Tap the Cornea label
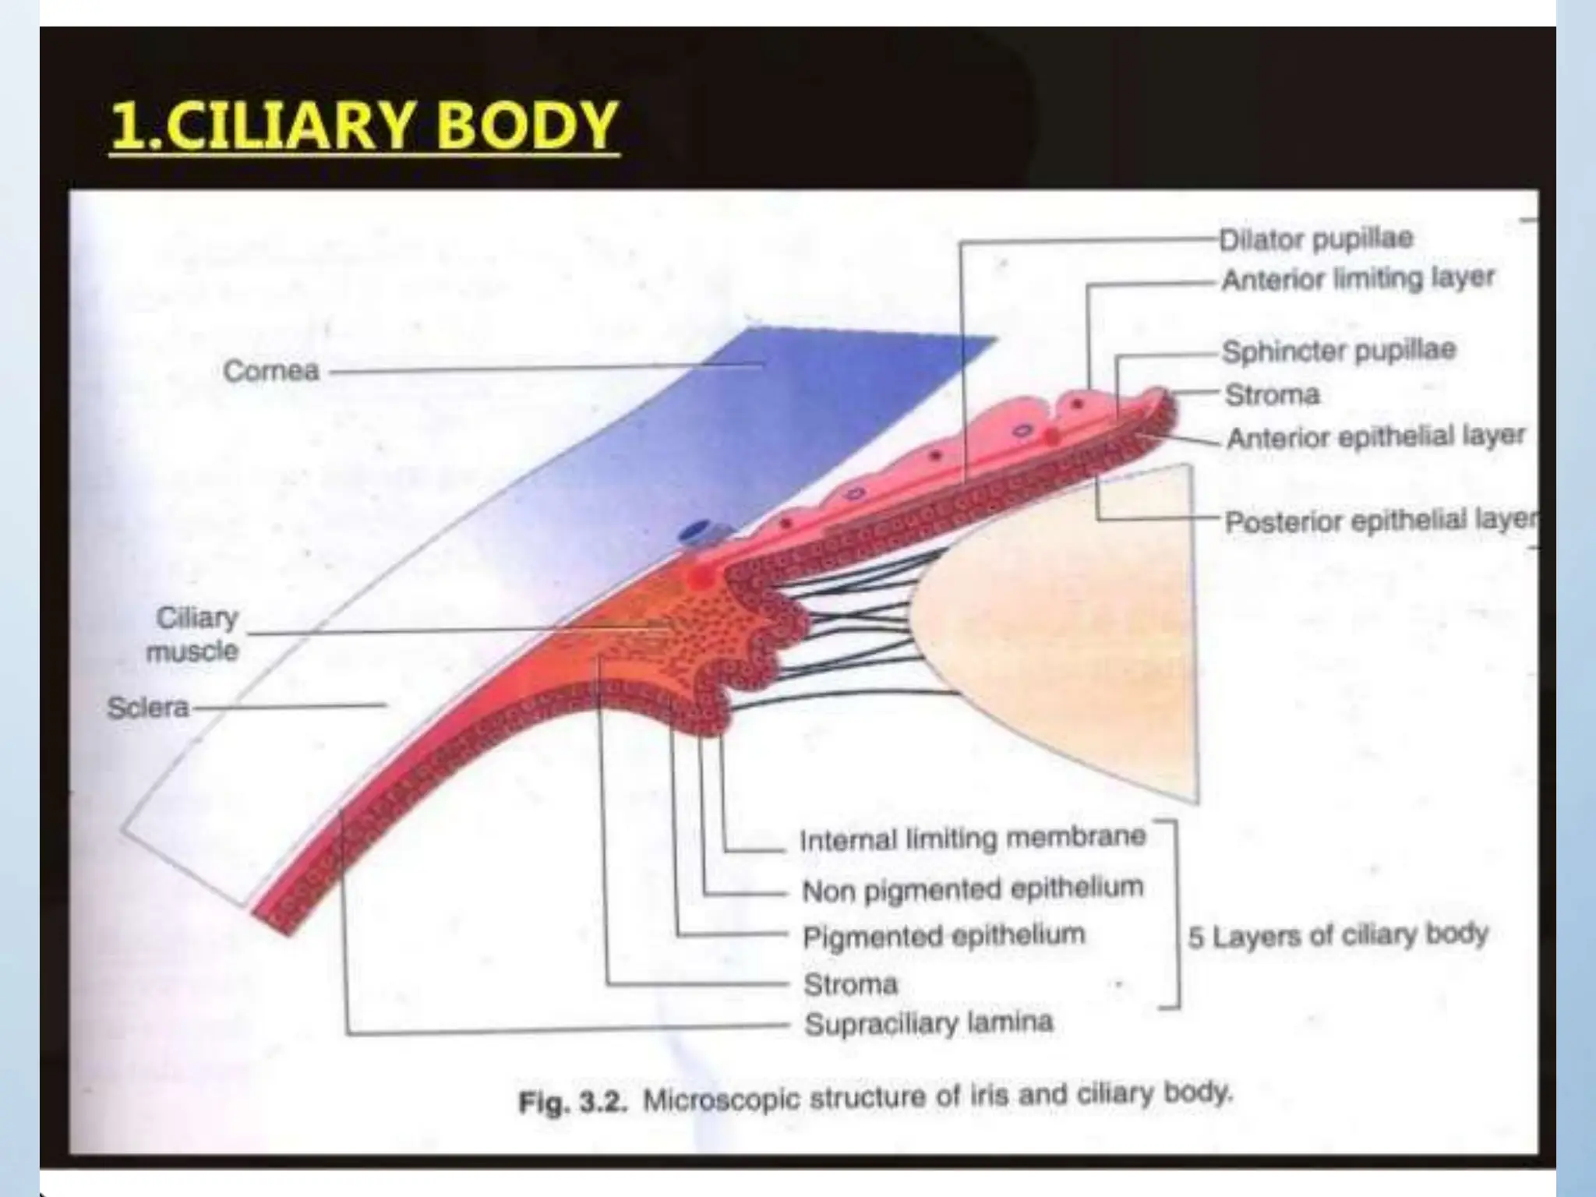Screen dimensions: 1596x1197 [x=271, y=371]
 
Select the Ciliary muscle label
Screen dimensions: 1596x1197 [x=195, y=634]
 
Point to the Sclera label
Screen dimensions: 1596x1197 [x=148, y=708]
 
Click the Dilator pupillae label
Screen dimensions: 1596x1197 [x=1316, y=238]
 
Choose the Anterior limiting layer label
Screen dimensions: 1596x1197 [x=1358, y=278]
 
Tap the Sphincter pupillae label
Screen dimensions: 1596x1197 [x=1338, y=351]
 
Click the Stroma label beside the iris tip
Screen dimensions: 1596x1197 [x=1272, y=395]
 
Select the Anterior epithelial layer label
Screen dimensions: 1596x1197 [x=1375, y=436]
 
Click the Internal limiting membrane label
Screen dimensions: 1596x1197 [x=973, y=839]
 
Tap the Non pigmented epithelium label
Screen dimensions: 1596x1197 [x=973, y=888]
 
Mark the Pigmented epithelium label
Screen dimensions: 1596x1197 [x=944, y=936]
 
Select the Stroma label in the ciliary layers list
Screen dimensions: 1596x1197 [x=850, y=984]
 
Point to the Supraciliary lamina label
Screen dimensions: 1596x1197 [x=928, y=1023]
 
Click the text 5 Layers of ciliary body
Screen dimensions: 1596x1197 [x=1337, y=934]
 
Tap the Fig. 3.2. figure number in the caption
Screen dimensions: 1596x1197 [x=573, y=1102]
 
